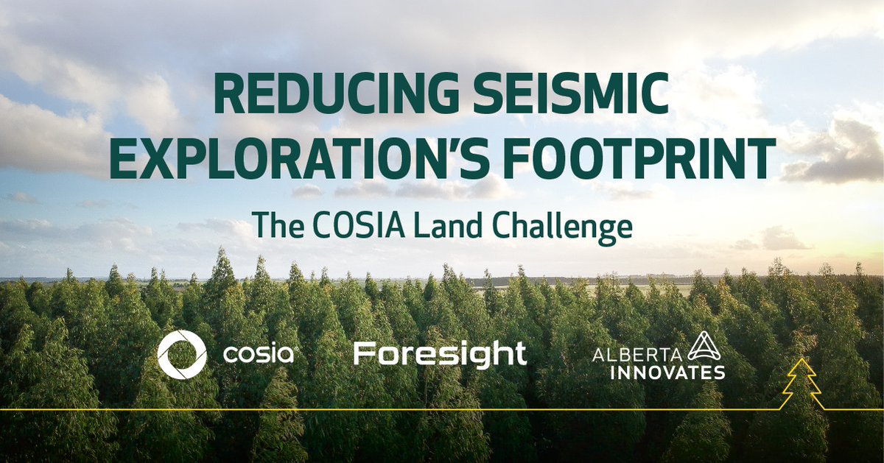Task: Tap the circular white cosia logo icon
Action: [182, 355]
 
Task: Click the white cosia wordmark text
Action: [259, 355]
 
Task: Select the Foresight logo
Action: [440, 355]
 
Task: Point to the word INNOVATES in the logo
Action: [659, 372]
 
